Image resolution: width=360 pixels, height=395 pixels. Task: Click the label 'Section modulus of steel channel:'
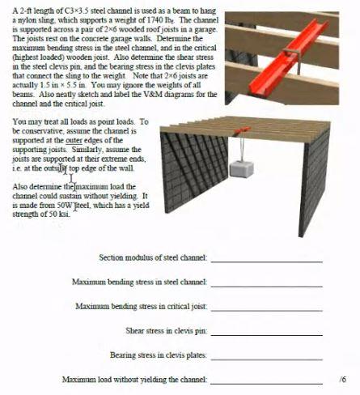[153, 257]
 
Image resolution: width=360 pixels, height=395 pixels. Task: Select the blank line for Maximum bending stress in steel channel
[266, 282]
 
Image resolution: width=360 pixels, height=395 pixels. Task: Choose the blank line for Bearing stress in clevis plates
[266, 355]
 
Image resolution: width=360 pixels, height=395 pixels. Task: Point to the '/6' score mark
[343, 379]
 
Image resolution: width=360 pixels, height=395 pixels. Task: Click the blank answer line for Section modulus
[266, 258]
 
